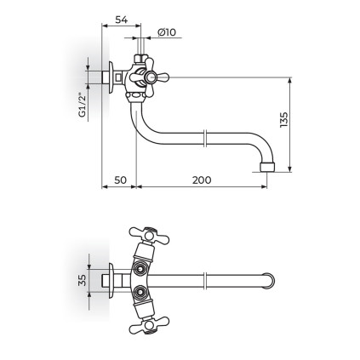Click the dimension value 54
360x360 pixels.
(x=121, y=20)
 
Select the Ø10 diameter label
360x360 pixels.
(x=167, y=32)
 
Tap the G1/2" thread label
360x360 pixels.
(x=82, y=105)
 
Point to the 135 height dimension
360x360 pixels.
(x=283, y=120)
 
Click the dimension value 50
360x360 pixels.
(x=120, y=180)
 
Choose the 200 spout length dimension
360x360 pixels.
(x=202, y=180)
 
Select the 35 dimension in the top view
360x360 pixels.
(x=82, y=280)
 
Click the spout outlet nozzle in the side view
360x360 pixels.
(x=267, y=167)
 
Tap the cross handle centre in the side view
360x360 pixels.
(x=149, y=77)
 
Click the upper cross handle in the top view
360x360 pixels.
(x=149, y=235)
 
